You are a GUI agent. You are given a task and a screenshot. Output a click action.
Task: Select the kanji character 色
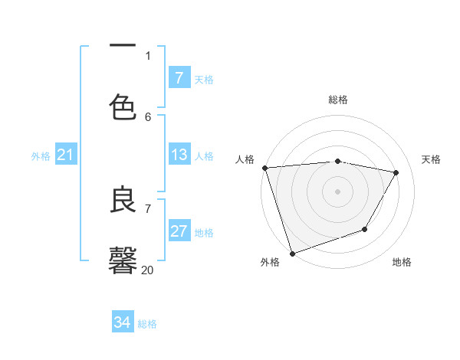pos(123,108)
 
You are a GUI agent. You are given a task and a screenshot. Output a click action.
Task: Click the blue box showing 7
pos(179,78)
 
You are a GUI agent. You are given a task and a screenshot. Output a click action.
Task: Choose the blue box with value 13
pos(179,155)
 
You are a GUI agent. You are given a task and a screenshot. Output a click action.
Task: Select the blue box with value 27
pos(179,231)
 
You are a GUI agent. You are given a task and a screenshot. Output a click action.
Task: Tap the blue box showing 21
pos(65,155)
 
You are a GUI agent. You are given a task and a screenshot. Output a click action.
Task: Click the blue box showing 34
pos(122,322)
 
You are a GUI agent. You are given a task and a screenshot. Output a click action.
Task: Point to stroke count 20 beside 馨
pos(147,270)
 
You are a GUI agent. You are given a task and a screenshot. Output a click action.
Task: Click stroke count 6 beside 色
pos(148,116)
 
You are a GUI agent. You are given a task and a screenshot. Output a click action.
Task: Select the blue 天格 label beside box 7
pos(204,79)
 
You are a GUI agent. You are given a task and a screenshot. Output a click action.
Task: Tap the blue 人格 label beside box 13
pos(204,155)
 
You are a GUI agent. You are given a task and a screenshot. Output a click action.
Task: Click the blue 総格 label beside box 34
pos(147,323)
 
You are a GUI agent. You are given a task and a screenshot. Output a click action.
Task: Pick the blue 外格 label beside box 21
pos(41,155)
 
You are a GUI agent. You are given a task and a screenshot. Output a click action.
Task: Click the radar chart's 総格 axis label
pos(338,100)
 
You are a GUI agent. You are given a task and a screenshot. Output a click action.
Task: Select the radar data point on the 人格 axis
pos(264,168)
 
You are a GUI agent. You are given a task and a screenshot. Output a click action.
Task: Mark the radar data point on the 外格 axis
pos(292,253)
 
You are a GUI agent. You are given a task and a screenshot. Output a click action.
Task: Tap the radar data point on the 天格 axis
pos(396,173)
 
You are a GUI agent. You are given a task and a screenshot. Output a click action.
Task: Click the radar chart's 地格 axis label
pos(402,262)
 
